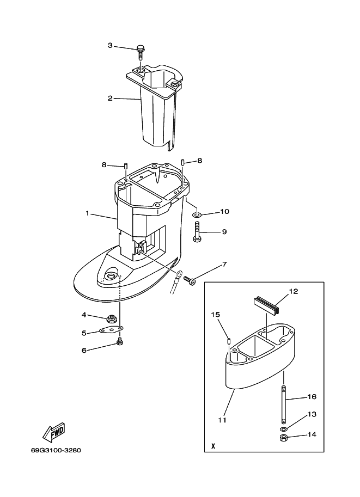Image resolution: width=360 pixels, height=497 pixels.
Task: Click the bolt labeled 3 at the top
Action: click(x=141, y=52)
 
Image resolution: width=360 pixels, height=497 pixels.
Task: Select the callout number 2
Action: click(x=110, y=99)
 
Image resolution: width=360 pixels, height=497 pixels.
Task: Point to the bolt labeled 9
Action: click(x=197, y=232)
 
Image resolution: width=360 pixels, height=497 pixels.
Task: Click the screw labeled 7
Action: click(x=190, y=280)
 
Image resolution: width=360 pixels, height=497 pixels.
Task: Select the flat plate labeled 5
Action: click(x=111, y=330)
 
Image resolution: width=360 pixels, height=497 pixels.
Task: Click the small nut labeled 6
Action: click(x=120, y=342)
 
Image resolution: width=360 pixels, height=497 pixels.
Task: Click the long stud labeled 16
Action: click(x=284, y=403)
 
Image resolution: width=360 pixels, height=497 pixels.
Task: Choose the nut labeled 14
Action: click(x=284, y=438)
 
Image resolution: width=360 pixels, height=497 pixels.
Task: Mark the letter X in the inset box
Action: click(x=213, y=446)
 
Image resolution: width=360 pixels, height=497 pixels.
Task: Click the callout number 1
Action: click(x=87, y=213)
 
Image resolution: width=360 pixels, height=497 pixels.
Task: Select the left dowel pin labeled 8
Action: click(x=125, y=166)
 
